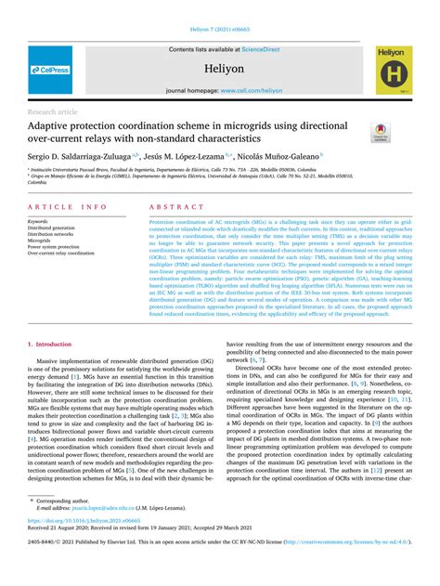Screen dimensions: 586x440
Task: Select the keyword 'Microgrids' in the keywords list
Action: click(x=40, y=240)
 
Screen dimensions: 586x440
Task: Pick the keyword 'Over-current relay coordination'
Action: click(x=61, y=253)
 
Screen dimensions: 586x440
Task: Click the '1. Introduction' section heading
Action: click(x=48, y=319)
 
